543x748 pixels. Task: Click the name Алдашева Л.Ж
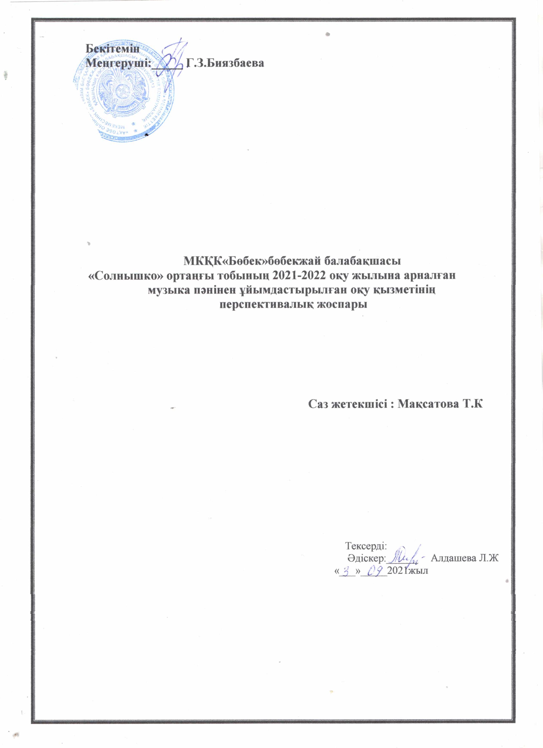tap(465, 558)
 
